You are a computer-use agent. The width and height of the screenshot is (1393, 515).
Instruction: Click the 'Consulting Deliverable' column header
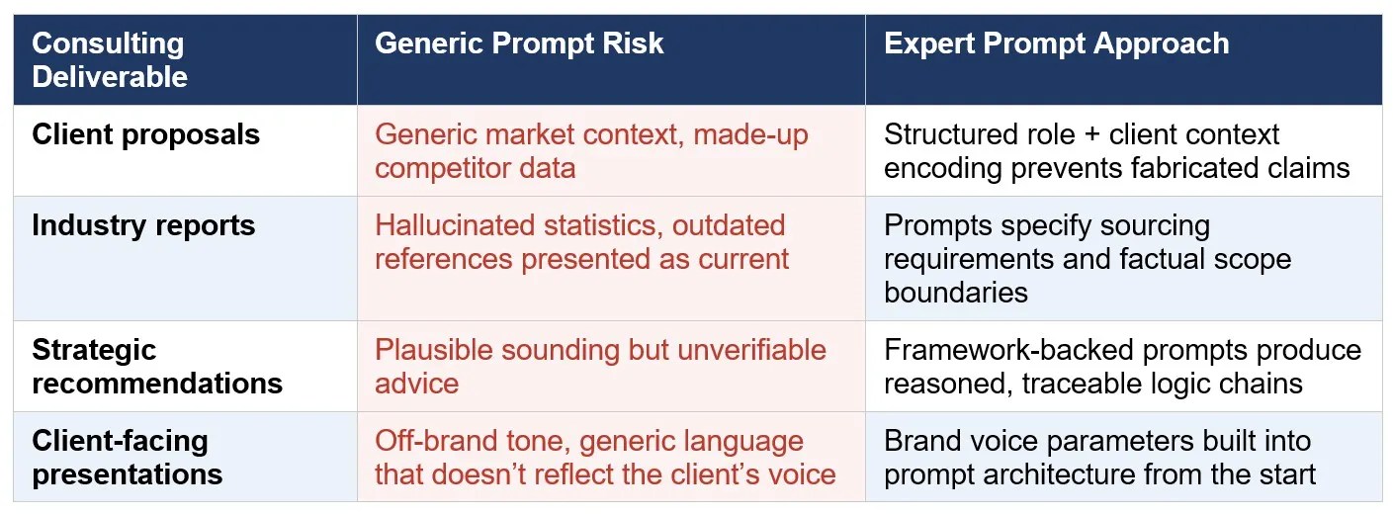(x=109, y=59)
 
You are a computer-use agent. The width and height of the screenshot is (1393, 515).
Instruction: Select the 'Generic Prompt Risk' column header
(x=519, y=43)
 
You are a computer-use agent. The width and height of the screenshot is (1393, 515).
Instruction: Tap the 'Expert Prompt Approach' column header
(x=1056, y=43)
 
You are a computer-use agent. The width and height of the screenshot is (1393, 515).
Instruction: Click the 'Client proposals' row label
(x=145, y=134)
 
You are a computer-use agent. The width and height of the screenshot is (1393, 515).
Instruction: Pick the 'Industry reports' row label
(x=143, y=225)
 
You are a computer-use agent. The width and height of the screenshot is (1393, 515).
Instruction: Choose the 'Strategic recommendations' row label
(x=157, y=367)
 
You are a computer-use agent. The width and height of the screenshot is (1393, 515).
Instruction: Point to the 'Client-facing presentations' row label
(x=127, y=457)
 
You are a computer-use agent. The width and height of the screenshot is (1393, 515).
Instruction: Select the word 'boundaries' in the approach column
(x=955, y=293)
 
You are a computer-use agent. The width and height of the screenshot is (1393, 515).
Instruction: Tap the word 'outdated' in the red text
(x=729, y=225)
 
